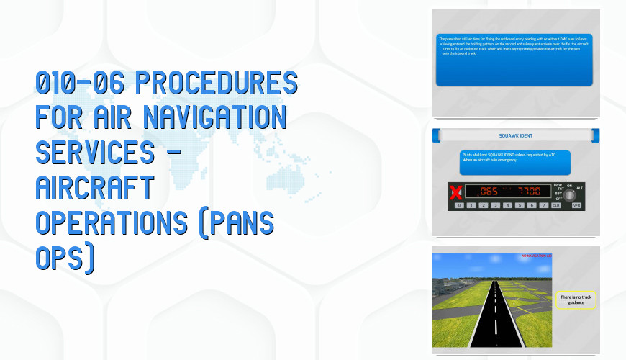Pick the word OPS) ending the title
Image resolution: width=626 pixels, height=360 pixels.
64,259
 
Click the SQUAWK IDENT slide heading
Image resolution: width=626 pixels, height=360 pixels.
515,135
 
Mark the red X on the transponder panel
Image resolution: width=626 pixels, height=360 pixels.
454,192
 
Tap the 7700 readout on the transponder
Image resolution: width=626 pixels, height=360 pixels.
531,192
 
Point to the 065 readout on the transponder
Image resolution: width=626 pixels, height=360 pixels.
489,192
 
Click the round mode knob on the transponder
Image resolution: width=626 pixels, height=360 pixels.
570,194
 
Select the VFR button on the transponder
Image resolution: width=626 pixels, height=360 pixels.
576,205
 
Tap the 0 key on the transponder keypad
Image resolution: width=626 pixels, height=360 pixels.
458,205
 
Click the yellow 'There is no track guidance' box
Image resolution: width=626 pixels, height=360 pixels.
577,300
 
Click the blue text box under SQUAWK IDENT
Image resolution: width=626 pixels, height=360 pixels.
515,163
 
